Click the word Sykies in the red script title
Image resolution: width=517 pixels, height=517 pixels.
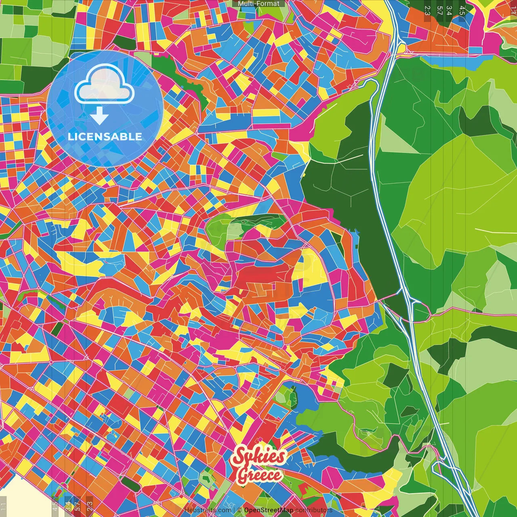[259, 456]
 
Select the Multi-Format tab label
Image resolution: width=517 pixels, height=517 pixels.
[258, 4]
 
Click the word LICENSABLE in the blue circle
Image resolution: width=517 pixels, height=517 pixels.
[105, 137]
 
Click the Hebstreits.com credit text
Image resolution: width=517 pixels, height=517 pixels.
[208, 510]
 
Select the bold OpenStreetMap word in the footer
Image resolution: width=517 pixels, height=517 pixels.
[269, 510]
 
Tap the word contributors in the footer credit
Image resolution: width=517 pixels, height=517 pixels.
[313, 510]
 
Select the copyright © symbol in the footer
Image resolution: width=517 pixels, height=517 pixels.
[240, 510]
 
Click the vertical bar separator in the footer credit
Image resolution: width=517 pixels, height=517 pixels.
[234, 510]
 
